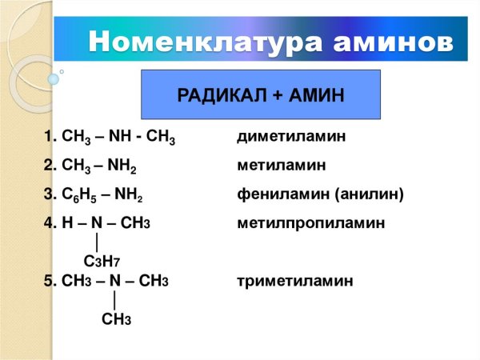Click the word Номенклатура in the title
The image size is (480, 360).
206,42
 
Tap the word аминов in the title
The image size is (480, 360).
394,42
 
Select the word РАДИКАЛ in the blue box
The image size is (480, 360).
222,95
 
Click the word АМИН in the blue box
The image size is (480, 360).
317,95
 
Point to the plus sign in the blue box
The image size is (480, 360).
278,95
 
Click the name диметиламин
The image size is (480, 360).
291,136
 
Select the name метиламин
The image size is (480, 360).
282,165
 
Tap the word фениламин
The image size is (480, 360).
283,194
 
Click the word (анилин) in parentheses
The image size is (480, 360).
369,194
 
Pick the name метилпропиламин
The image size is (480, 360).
310,223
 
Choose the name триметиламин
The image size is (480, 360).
294,281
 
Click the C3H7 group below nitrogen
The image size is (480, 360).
102,262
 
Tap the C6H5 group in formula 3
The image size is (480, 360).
79,194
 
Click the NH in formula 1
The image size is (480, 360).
120,136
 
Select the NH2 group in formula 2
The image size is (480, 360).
122,166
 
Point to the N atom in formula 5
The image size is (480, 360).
114,281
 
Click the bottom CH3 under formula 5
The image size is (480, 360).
116,319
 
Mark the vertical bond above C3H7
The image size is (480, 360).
97,242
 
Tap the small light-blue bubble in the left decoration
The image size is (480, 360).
54,79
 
